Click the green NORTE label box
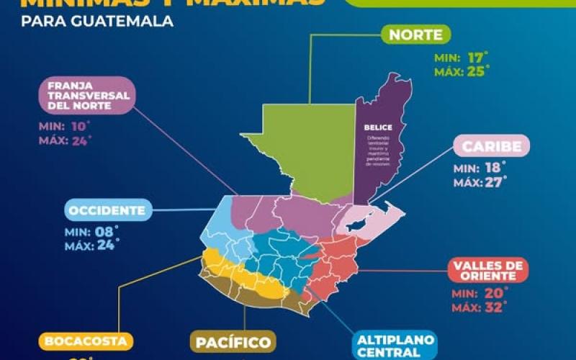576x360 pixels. coord(415,35)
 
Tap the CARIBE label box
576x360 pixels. coord(491,146)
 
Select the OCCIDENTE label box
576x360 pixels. coord(108,211)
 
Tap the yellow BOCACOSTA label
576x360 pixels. coord(86,341)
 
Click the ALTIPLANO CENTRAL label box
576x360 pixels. coord(390,345)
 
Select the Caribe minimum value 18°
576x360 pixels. coord(496,168)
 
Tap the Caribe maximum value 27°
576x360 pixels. coord(498,182)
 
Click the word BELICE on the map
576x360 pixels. coord(378,127)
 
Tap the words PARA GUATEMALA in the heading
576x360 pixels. coord(97,21)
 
